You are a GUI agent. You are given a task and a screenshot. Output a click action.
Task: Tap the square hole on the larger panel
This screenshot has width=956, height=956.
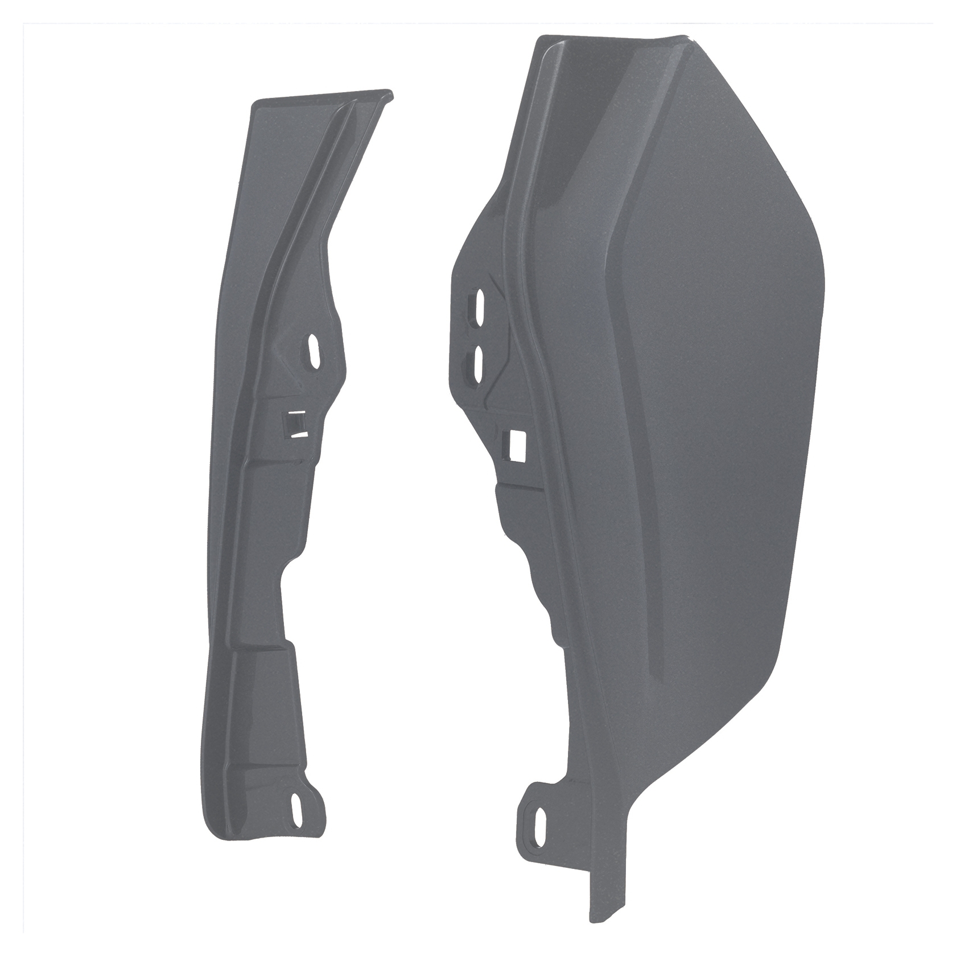[x=517, y=445]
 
